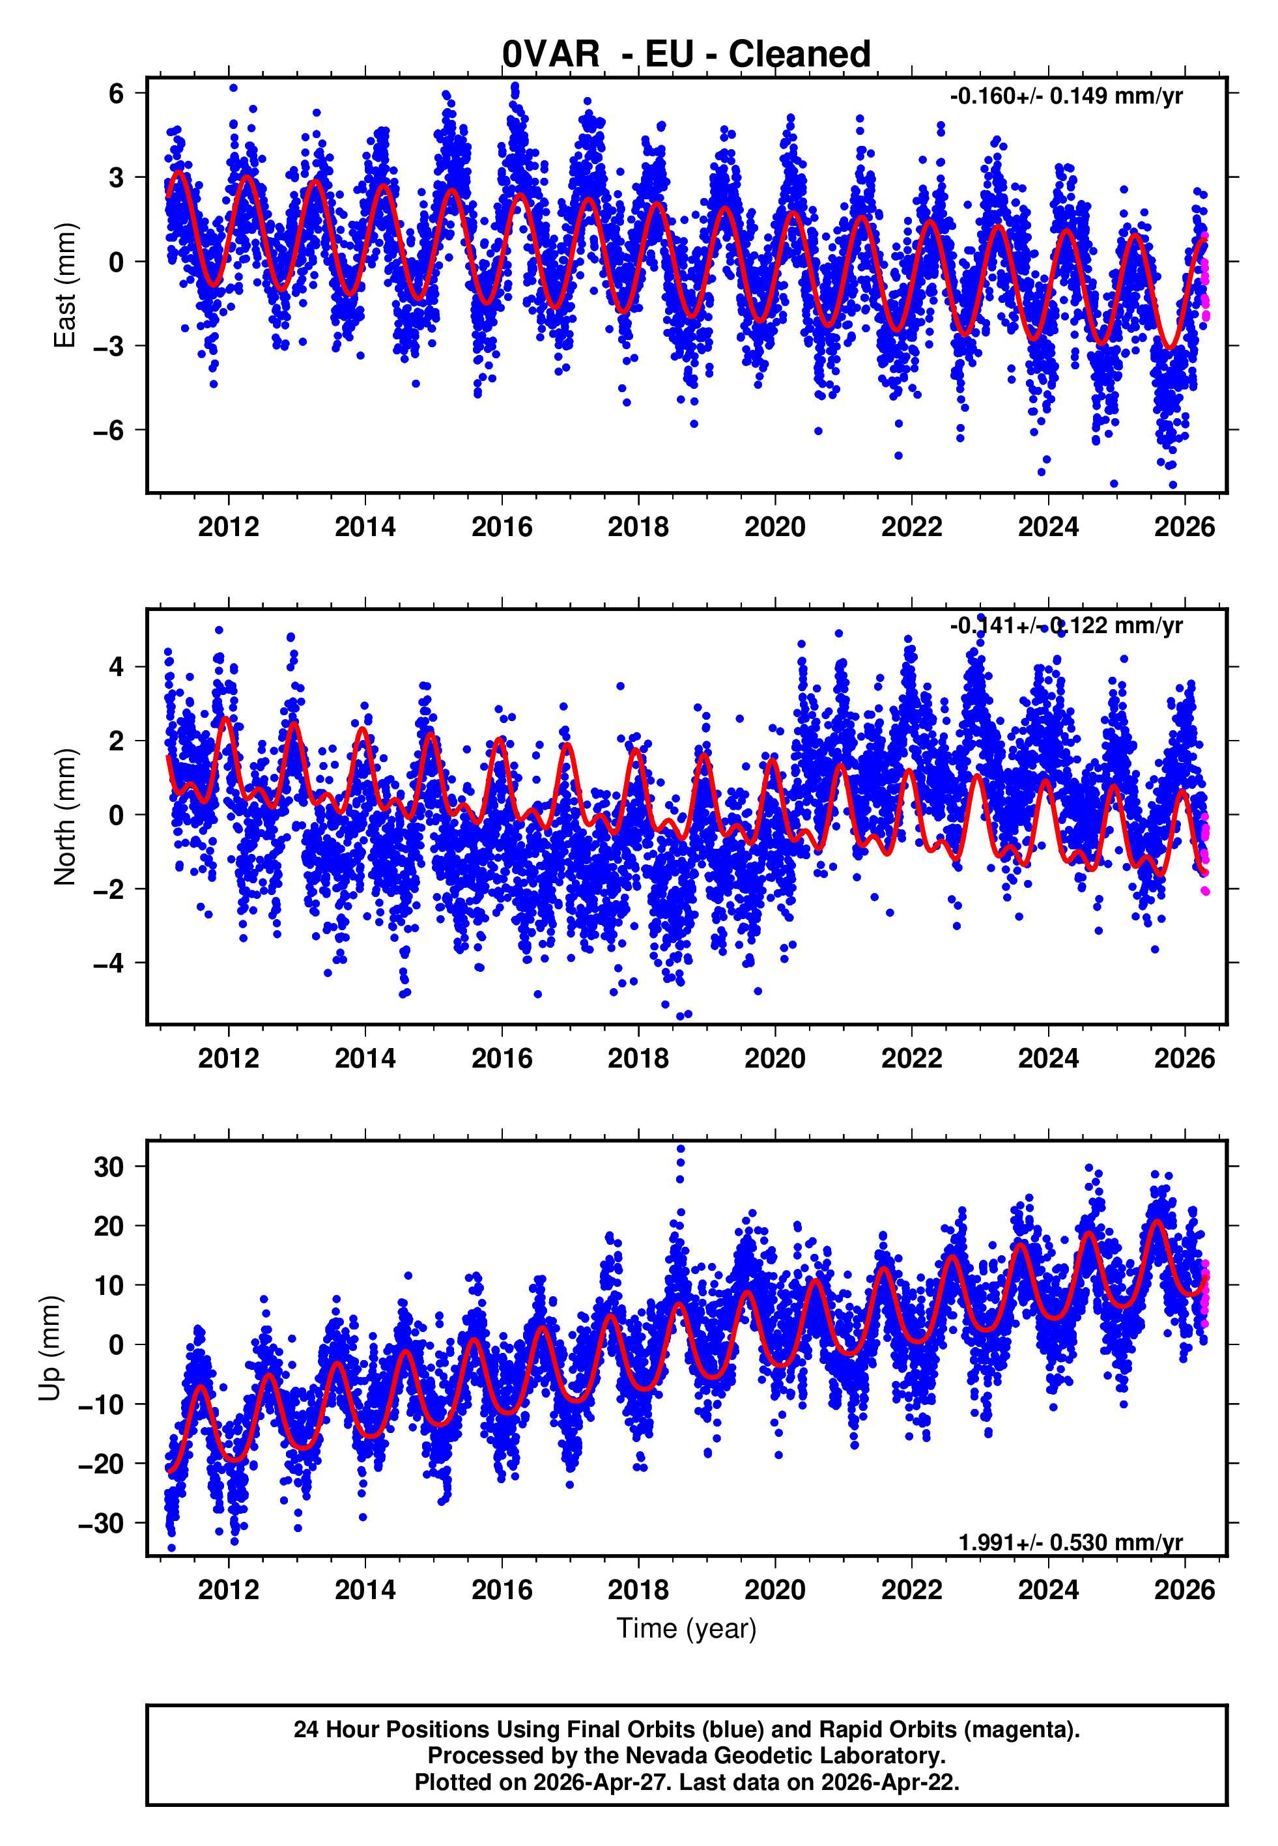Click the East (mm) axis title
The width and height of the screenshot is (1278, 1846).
(64, 286)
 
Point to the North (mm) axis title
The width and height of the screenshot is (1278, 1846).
(64, 817)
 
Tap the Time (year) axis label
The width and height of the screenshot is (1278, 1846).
(687, 1628)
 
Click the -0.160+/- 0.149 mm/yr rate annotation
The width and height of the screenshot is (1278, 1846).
(1066, 96)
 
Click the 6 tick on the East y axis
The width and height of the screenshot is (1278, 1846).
(117, 94)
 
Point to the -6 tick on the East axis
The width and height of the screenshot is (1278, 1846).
(109, 431)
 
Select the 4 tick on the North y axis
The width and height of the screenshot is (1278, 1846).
(117, 667)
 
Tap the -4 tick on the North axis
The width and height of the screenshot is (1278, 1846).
(109, 963)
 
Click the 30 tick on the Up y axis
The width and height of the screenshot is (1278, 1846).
(109, 1167)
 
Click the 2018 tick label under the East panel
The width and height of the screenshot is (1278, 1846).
(638, 528)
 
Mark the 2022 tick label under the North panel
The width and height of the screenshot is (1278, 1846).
(911, 1058)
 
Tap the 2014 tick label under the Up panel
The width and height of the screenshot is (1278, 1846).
(365, 1589)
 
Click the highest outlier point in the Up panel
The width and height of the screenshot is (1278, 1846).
(681, 1149)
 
